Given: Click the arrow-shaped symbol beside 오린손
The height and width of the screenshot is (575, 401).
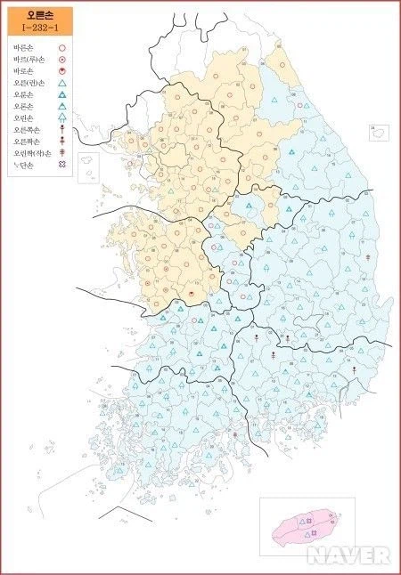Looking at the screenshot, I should pos(62,117).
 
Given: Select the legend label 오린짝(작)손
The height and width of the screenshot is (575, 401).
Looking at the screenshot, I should pos(30,153).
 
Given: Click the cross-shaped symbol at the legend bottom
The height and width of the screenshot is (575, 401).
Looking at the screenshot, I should pos(62,166).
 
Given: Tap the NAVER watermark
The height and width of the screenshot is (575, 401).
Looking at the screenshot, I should pos(349,555).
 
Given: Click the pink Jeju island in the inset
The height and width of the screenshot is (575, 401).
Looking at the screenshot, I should pos(307,525).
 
